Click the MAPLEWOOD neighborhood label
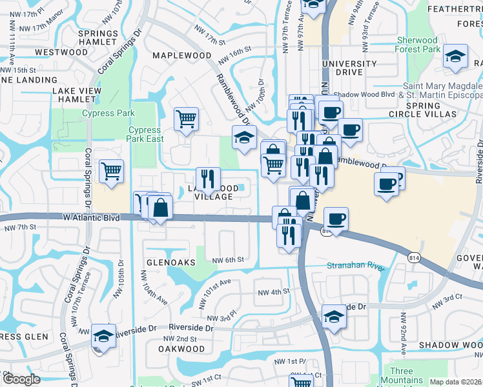181,55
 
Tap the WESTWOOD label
61,52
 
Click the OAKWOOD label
181,349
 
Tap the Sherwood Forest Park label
418,45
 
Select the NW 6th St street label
229,259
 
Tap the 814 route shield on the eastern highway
413,257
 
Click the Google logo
21,379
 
